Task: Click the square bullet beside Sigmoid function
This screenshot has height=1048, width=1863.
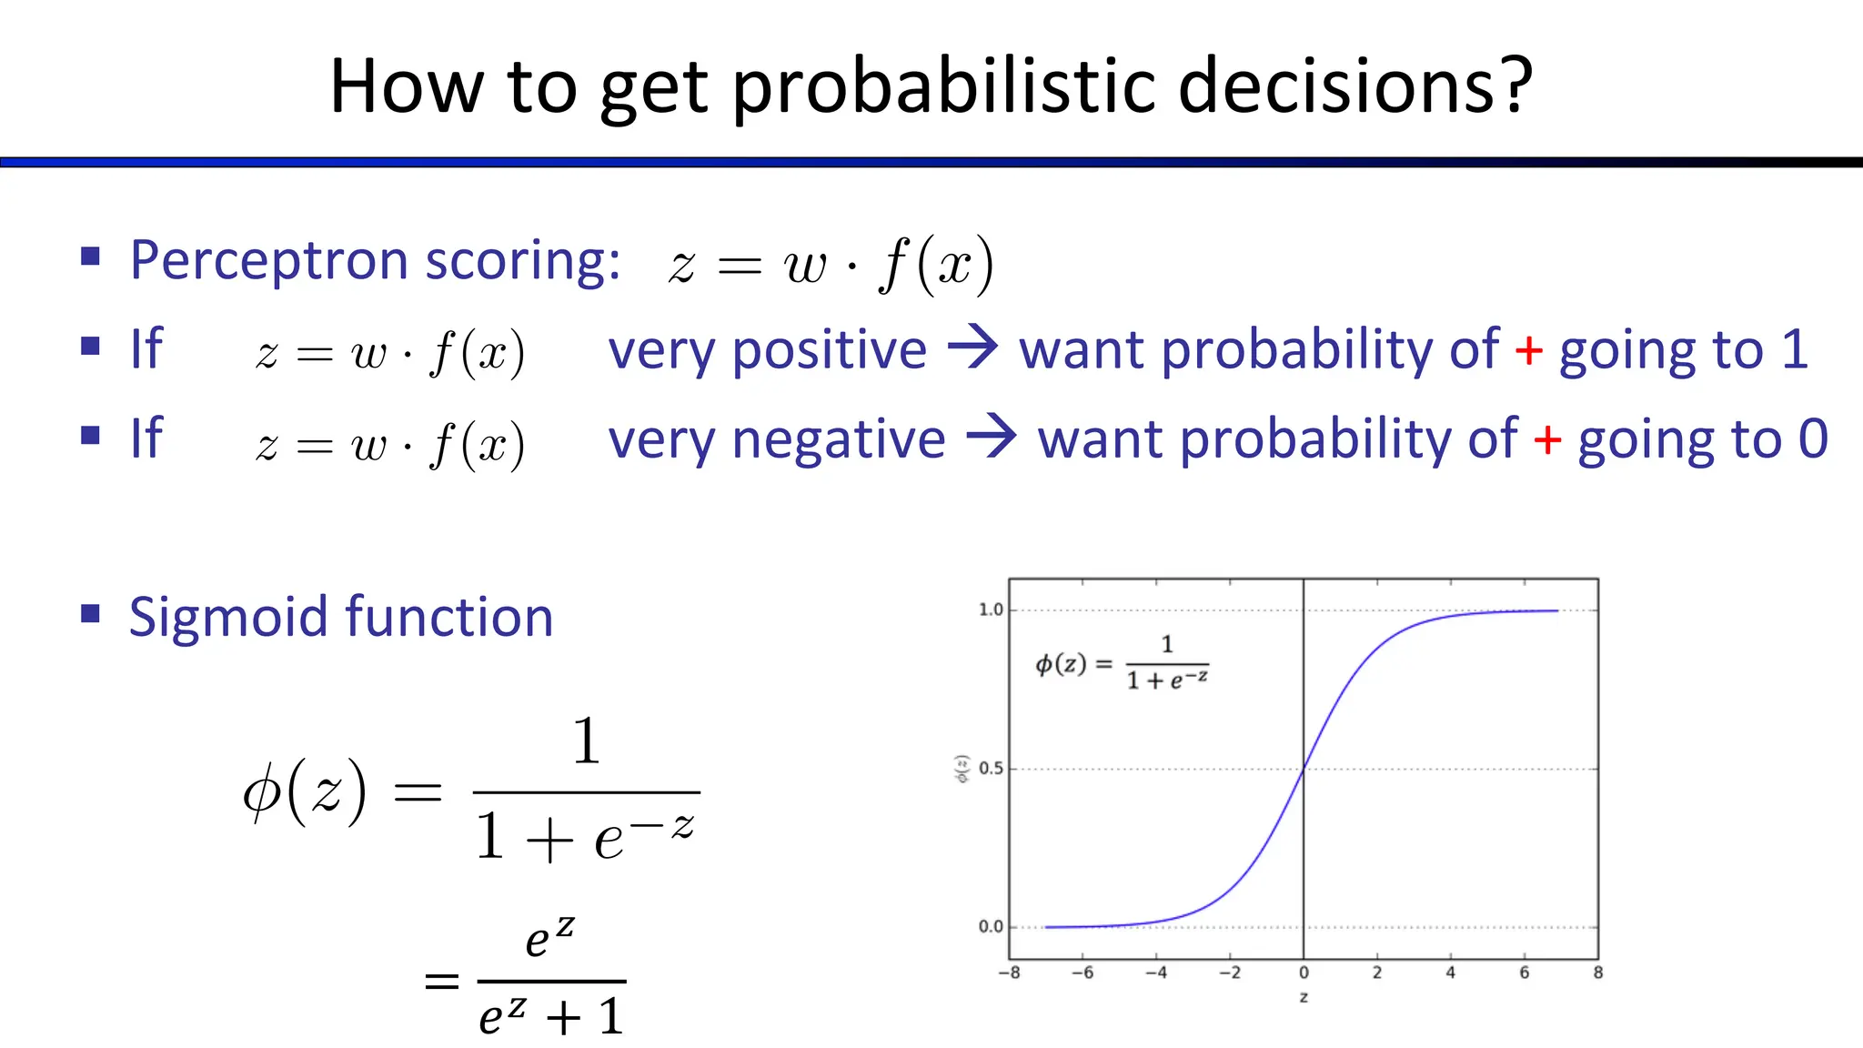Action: click(90, 614)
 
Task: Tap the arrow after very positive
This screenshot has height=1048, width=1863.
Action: click(973, 348)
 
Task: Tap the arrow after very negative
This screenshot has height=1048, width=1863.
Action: click(992, 438)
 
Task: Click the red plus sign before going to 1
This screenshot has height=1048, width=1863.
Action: click(1528, 350)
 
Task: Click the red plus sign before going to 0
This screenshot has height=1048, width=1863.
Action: click(1547, 440)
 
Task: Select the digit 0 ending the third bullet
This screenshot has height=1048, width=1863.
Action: click(1813, 439)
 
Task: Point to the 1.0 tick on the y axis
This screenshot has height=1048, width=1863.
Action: click(990, 610)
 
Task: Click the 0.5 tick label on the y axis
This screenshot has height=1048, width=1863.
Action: click(990, 769)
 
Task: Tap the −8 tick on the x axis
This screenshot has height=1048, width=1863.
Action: click(1008, 972)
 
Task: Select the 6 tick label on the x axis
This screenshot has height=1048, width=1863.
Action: click(1524, 972)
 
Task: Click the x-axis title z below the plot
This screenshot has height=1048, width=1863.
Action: click(1304, 998)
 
